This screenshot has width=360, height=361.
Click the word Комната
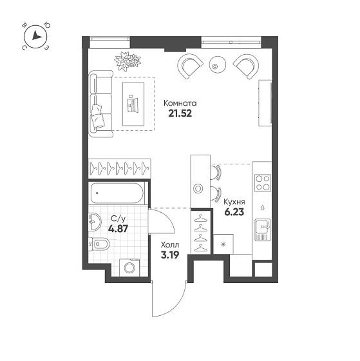click(180, 102)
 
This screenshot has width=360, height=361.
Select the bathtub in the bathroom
click(117, 191)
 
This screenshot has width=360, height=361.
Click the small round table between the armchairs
click(216, 64)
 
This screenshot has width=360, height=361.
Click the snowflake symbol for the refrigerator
click(224, 245)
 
